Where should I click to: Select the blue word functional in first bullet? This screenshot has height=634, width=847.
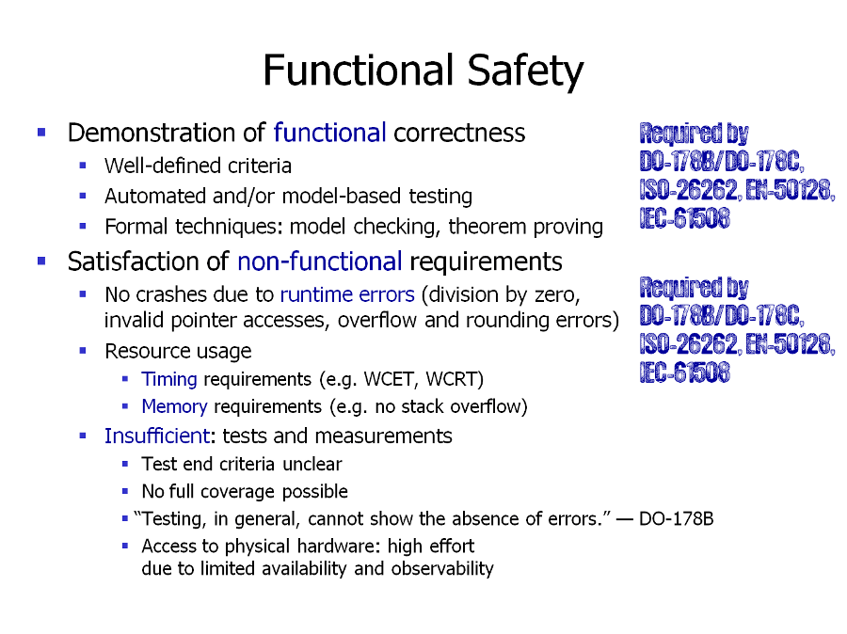click(329, 133)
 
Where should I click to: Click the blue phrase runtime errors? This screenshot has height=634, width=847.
click(346, 294)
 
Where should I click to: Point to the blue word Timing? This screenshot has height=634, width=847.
click(168, 379)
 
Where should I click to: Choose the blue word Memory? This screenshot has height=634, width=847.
click(174, 406)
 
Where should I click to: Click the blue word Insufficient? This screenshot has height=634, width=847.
click(156, 436)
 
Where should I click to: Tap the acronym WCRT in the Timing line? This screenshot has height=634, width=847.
click(455, 379)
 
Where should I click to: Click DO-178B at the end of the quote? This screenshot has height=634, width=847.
click(676, 518)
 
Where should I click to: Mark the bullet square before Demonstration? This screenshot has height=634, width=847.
click(41, 133)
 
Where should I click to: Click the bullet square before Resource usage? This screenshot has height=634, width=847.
click(83, 351)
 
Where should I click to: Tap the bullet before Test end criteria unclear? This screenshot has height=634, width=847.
click(125, 464)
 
